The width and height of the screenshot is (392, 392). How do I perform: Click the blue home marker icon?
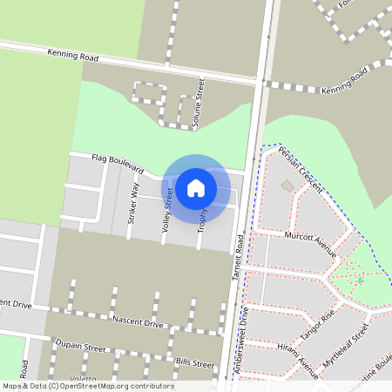coord(196,187)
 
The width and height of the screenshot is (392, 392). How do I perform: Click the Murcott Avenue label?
coord(309,244)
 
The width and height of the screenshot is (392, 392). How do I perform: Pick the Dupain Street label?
coord(80,348)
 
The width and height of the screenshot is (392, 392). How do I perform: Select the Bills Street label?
coord(193,363)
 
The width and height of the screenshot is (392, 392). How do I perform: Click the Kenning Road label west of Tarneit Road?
coord(73,57)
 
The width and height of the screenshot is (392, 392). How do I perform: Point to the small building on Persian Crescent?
coord(287,186)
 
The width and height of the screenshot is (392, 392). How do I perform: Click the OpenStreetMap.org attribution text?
coord(109,386)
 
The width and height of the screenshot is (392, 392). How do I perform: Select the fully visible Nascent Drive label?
coord(138,322)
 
